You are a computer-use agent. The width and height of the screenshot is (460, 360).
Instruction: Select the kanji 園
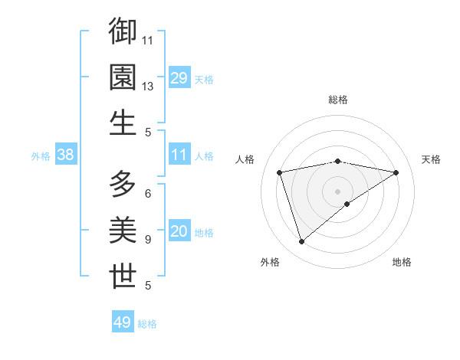(x=123, y=77)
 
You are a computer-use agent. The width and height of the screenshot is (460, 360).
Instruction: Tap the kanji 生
(x=123, y=123)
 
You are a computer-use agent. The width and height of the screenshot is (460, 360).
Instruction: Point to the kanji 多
(x=123, y=185)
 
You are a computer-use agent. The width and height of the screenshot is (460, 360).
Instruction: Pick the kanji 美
(x=123, y=231)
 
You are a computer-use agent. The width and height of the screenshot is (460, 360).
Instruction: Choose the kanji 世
(x=123, y=277)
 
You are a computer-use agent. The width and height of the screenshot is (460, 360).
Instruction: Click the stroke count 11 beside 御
(x=148, y=40)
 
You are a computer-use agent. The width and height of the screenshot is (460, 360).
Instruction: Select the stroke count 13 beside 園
(x=148, y=87)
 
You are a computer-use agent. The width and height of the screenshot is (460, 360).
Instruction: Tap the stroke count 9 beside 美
(x=147, y=240)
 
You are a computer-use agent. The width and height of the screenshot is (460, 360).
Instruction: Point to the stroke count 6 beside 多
(x=147, y=194)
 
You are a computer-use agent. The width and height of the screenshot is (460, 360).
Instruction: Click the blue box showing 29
(x=179, y=78)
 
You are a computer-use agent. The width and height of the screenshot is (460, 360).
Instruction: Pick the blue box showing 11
(x=179, y=155)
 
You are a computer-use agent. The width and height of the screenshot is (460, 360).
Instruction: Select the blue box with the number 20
(x=179, y=232)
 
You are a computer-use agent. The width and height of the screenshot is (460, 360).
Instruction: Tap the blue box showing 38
(x=66, y=155)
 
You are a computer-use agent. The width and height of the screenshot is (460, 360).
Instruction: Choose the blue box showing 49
(x=123, y=322)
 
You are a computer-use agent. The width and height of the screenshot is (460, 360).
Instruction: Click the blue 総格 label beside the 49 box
(x=147, y=324)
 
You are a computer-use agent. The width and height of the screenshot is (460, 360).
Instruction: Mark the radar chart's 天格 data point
(x=396, y=172)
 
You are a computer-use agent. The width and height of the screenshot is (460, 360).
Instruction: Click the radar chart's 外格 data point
(x=301, y=242)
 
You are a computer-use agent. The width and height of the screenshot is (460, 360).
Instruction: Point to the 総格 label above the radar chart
(x=338, y=100)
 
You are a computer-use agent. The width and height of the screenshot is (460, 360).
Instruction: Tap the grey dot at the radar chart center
(x=338, y=191)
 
